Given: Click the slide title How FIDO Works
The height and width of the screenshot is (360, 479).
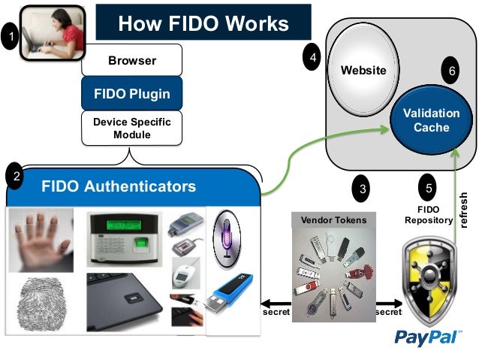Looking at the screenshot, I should (203, 23).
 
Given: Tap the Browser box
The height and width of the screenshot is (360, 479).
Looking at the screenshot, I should (132, 60).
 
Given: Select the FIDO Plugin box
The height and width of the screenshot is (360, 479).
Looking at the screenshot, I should (132, 94).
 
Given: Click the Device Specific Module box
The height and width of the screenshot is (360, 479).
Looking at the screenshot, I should (132, 128).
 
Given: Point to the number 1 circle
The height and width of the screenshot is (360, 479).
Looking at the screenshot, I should (10, 35).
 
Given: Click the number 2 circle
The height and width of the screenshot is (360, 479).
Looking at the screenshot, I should (16, 177).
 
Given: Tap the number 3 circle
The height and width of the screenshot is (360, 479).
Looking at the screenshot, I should (363, 189).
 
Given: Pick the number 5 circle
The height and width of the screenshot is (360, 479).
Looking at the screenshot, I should (428, 189).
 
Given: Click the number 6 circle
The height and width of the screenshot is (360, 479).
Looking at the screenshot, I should (452, 71).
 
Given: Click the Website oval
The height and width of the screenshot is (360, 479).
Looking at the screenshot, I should (363, 70).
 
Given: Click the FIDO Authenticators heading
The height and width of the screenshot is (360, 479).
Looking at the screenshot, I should (119, 186).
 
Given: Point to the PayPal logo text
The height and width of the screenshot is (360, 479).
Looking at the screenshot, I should (427, 337).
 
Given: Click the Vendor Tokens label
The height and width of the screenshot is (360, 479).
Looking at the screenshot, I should (333, 220).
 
